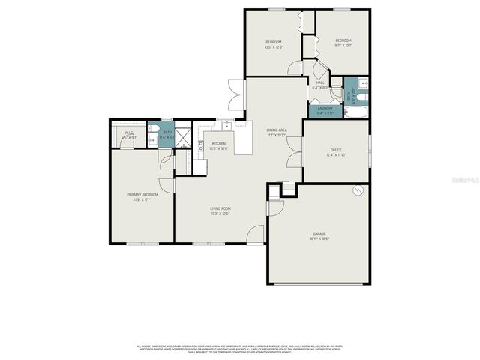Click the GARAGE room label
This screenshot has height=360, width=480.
[x=319, y=233]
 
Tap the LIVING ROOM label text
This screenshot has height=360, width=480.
[x=220, y=208]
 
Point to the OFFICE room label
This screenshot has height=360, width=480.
[x=336, y=150]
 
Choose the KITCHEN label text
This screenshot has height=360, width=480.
[x=219, y=143]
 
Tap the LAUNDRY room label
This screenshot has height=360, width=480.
[x=325, y=108]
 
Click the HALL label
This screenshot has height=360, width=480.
[x=320, y=83]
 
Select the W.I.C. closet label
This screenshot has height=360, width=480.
[x=129, y=133]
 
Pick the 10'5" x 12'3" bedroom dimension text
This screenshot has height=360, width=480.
[x=274, y=47]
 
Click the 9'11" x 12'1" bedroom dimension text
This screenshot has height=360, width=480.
[x=343, y=46]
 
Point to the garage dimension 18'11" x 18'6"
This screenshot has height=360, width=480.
[x=319, y=238]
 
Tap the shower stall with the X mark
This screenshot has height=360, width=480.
[x=181, y=135]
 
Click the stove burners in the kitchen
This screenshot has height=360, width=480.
[x=201, y=147]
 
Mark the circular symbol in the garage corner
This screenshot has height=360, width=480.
[x=358, y=190]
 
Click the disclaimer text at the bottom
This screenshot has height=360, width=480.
[x=240, y=349]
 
